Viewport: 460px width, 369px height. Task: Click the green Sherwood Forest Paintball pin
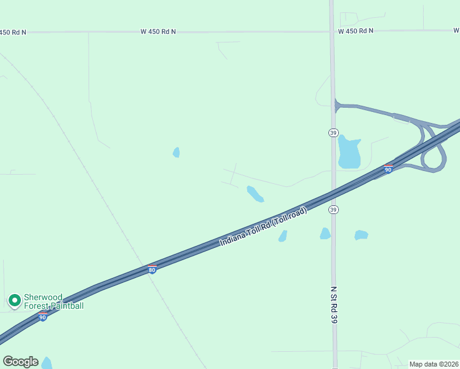point(14,300)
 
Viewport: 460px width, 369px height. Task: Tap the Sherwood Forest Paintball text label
point(53,301)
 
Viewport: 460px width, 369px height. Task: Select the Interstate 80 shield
point(152,269)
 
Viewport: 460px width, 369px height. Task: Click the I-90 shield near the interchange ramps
point(388,169)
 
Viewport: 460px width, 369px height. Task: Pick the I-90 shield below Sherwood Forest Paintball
point(42,317)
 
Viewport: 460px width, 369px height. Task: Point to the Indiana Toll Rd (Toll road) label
point(263,228)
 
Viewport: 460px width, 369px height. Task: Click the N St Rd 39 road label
point(334,305)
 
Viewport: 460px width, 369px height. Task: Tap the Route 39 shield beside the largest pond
point(333,133)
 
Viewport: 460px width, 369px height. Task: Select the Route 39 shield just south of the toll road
point(333,210)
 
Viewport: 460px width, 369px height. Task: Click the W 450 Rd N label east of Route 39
point(355,31)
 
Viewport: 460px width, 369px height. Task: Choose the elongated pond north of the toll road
point(255,194)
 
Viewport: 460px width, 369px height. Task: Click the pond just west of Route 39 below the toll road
point(325,233)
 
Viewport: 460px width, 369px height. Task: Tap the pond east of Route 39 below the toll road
point(361,235)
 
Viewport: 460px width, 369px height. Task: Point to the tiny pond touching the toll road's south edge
point(283,236)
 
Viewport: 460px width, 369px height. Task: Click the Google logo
point(20,362)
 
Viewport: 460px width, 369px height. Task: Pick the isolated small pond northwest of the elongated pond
point(176,152)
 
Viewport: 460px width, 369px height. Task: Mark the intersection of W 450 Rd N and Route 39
point(331,31)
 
